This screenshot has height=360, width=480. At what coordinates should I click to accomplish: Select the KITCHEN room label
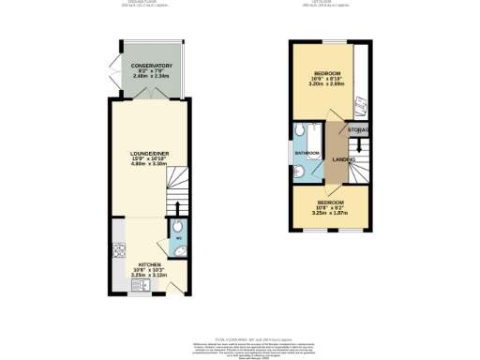tap(149, 264)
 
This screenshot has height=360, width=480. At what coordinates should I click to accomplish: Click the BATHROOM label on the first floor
tap(308, 152)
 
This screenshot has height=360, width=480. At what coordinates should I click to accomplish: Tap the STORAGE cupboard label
tap(358, 128)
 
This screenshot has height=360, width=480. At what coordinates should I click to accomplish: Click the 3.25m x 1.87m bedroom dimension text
tap(330, 214)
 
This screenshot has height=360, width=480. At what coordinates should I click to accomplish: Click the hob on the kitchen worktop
tap(118, 250)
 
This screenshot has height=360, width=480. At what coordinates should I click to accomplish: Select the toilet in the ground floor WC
tap(177, 231)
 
